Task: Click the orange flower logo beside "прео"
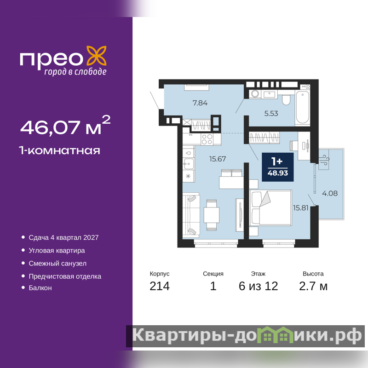click(x=97, y=56)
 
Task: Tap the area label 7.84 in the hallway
click(x=200, y=103)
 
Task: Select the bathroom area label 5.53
click(x=271, y=114)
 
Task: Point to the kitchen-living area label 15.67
click(x=218, y=159)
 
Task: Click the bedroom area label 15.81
click(x=301, y=208)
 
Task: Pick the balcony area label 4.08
click(x=330, y=193)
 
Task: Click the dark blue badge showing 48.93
click(x=278, y=167)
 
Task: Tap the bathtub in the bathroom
click(x=303, y=107)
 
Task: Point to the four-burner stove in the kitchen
click(x=207, y=139)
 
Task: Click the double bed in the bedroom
click(x=270, y=208)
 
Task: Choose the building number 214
click(x=160, y=286)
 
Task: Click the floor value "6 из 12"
click(x=258, y=286)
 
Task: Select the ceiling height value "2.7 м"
click(x=313, y=286)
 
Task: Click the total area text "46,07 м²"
click(x=65, y=126)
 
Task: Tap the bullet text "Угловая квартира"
click(x=57, y=251)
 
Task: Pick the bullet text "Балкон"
click(x=40, y=288)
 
